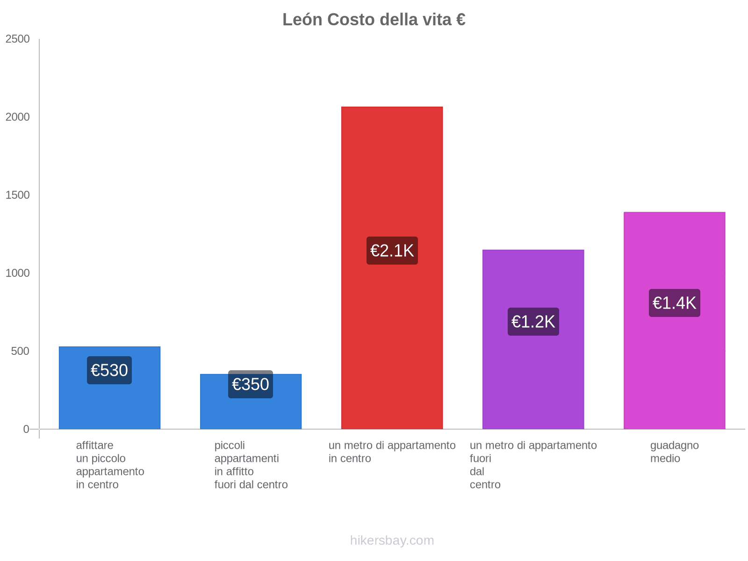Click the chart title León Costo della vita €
point(374,20)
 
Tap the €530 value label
point(109,370)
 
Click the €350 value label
point(251,384)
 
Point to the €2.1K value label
point(392,251)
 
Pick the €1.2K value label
point(533,322)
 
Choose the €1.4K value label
point(674,303)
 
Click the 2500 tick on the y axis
point(18,39)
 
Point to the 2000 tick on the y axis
point(18,117)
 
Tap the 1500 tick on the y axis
point(18,195)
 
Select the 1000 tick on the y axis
point(18,273)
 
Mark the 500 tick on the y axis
point(21,352)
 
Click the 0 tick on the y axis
point(26,429)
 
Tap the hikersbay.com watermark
point(392,540)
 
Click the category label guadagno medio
point(674,452)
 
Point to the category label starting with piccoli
point(251,465)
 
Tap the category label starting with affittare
point(110,465)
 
